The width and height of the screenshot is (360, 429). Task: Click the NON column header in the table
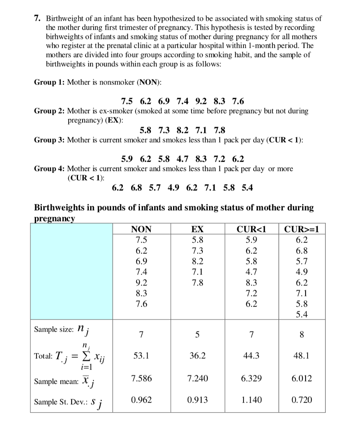(141, 229)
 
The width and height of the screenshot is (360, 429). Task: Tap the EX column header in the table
(197, 229)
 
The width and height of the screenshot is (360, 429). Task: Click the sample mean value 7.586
(141, 378)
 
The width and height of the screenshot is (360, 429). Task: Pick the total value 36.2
(197, 356)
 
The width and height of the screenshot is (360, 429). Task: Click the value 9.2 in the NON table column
(141, 283)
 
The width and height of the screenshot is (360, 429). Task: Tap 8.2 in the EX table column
(197, 261)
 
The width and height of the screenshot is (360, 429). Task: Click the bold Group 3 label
(49, 140)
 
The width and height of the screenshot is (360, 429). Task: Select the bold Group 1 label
(49, 83)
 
